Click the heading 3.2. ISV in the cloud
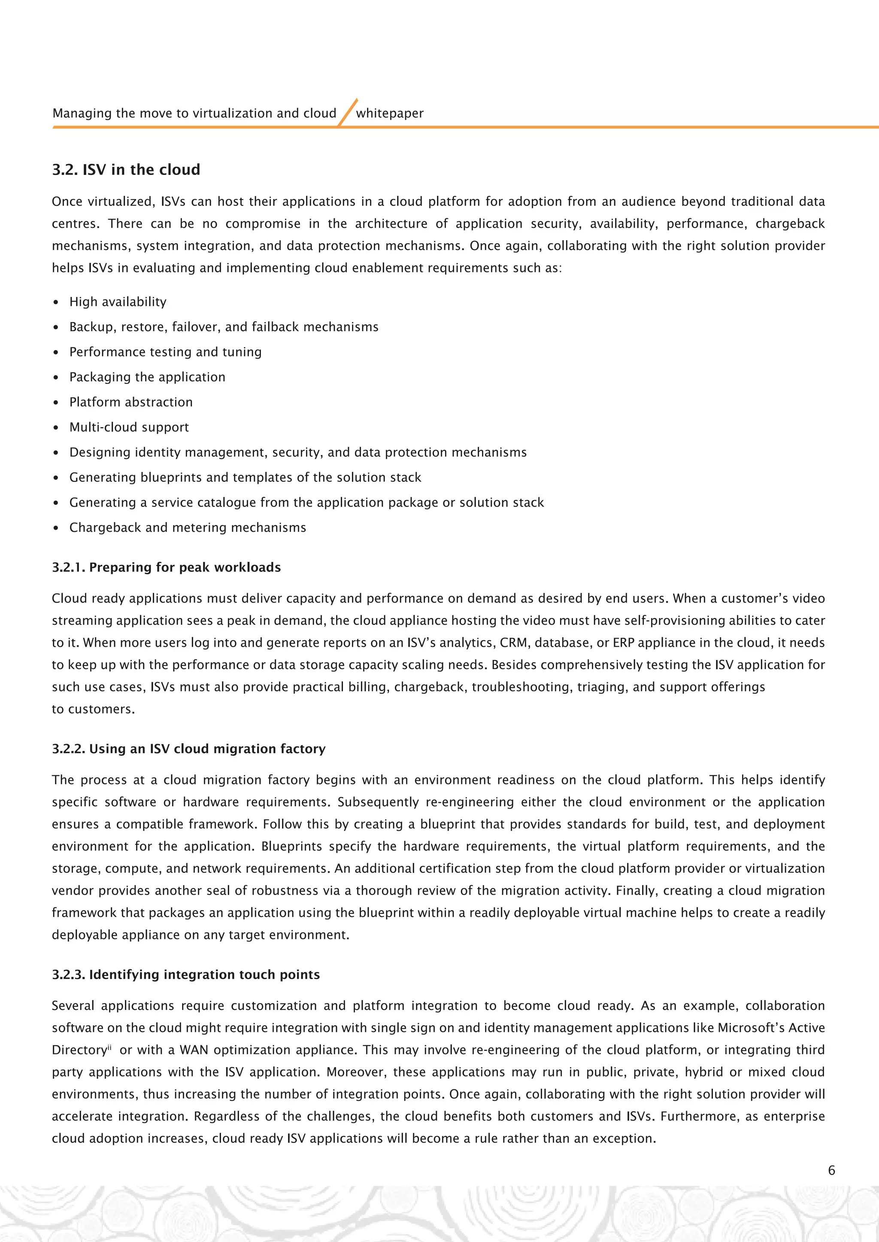[126, 170]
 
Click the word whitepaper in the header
[390, 114]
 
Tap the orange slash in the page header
[348, 112]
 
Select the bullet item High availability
[118, 302]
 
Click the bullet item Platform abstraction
[130, 402]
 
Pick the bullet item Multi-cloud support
[129, 427]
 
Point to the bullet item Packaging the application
[147, 377]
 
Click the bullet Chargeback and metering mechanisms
[187, 528]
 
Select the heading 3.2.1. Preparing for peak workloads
[166, 567]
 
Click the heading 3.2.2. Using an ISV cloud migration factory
[188, 749]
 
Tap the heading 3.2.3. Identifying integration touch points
[186, 974]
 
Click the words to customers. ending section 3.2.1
[93, 709]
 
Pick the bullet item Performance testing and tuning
[165, 352]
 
